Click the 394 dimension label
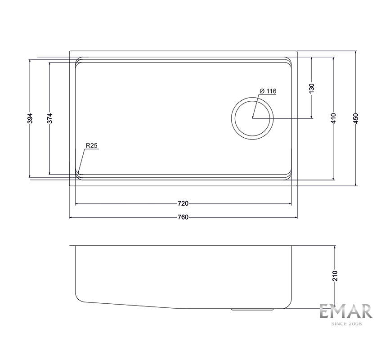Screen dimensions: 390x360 (x=30, y=118)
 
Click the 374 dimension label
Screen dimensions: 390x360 (x=50, y=118)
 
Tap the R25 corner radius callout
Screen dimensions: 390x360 (x=91, y=145)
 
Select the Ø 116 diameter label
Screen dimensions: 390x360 (x=268, y=91)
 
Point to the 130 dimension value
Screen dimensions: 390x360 (x=312, y=88)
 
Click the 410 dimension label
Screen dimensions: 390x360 (x=333, y=118)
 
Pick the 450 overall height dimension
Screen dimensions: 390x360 (x=356, y=118)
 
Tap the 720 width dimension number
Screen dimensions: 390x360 (x=183, y=203)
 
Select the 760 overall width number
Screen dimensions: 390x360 (x=183, y=217)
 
